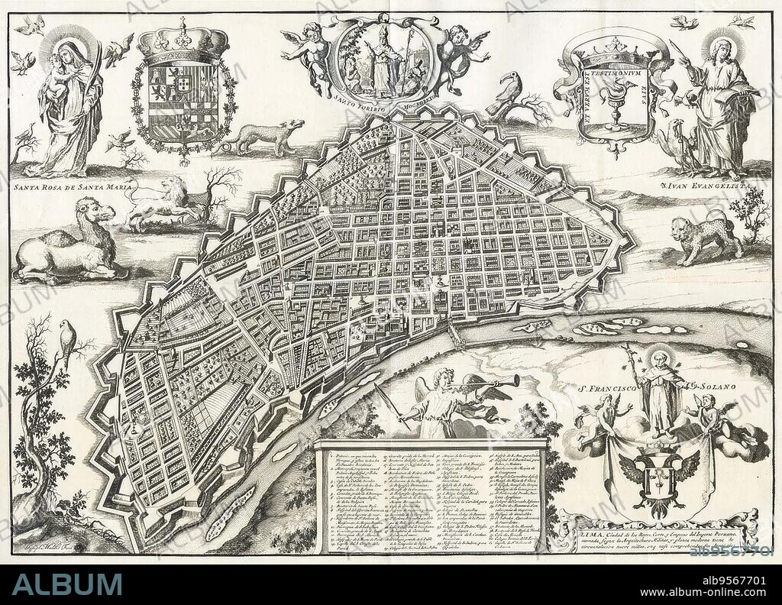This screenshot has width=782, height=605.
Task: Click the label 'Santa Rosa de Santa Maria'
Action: pos(73,186)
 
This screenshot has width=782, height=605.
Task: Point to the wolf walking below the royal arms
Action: pos(263,137)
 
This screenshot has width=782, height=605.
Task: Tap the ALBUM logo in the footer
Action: pos(66,584)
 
